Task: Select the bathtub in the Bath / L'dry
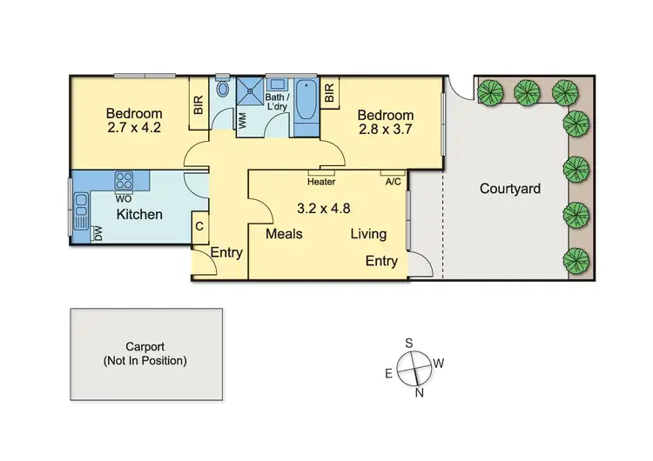306,106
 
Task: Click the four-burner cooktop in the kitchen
124,182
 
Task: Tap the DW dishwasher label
98,233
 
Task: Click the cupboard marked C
199,227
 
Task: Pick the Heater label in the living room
322,182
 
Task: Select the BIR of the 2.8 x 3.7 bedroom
330,93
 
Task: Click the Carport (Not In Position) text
145,352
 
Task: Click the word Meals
283,234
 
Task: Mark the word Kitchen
139,214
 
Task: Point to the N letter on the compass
420,392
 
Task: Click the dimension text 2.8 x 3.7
384,130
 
